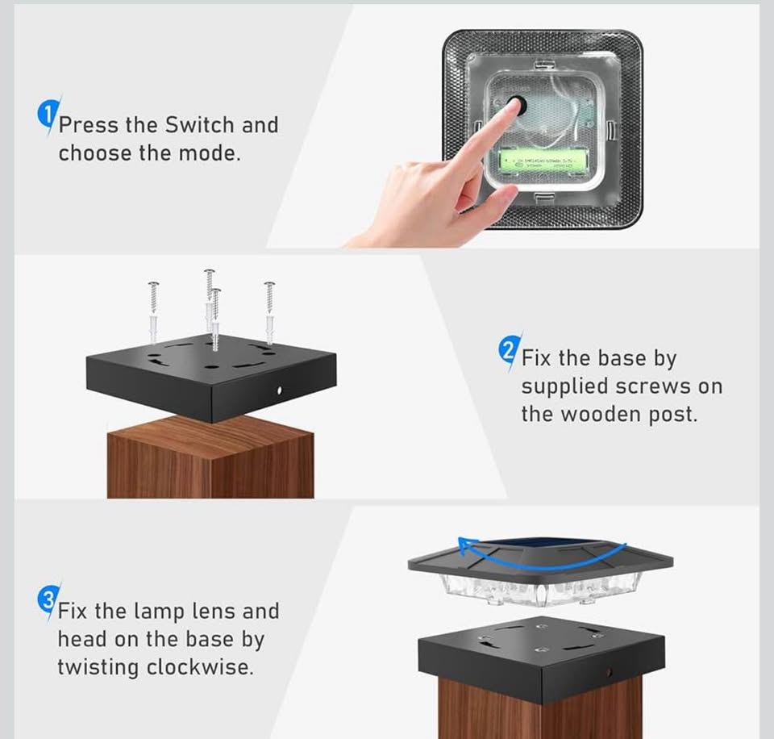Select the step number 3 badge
click(x=47, y=600)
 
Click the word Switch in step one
click(x=200, y=125)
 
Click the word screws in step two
click(x=654, y=386)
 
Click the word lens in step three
click(x=215, y=612)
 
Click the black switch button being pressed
click(x=514, y=106)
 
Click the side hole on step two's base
click(x=279, y=390)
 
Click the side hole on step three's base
click(x=610, y=671)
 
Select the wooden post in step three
click(x=540, y=714)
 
